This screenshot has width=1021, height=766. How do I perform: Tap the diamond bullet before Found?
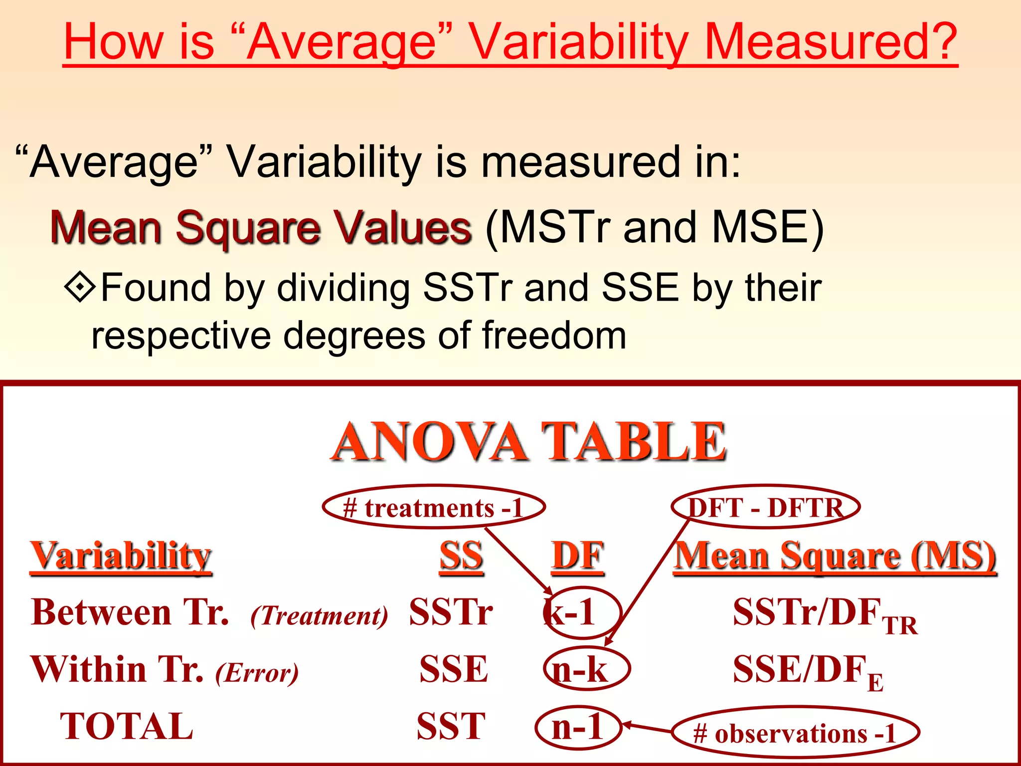[80, 287]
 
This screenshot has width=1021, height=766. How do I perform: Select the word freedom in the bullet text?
[554, 335]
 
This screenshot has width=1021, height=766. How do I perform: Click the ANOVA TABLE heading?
[528, 441]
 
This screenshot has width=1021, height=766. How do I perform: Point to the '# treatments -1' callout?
[433, 508]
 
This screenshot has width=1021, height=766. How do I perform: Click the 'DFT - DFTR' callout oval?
[766, 508]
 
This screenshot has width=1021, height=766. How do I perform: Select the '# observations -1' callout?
[795, 733]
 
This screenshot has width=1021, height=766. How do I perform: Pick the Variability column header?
[121, 556]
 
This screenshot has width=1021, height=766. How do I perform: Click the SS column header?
[461, 556]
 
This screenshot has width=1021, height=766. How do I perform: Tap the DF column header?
[578, 556]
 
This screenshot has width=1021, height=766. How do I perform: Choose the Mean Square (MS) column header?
[835, 556]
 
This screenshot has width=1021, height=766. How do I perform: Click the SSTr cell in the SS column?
[451, 612]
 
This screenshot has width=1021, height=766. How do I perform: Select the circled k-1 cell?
[581, 613]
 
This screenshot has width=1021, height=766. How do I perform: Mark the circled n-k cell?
[586, 669]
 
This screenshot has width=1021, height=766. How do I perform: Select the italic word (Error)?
[257, 673]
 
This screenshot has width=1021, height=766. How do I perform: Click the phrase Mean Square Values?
[261, 227]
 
